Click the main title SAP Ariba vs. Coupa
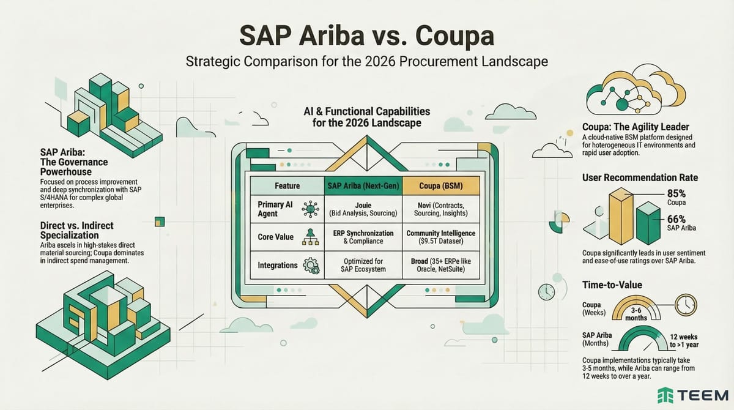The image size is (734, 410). pyautogui.click(x=366, y=35)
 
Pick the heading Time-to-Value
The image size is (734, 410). pyautogui.click(x=612, y=285)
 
